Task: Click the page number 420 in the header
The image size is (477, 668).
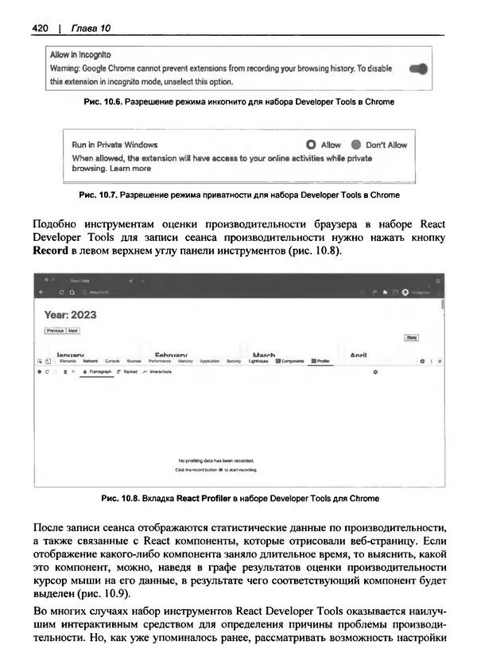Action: [x=41, y=29]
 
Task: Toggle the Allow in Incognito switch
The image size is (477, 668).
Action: [x=418, y=69]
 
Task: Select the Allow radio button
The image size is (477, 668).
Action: [x=311, y=145]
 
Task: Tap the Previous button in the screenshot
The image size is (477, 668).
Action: [x=55, y=330]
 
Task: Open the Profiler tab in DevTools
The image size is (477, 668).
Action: [x=321, y=361]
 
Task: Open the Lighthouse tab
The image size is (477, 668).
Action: [x=258, y=361]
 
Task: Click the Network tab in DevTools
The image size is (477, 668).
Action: [x=91, y=361]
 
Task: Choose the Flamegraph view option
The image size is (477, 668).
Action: [x=97, y=371]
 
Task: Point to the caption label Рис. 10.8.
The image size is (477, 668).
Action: [x=121, y=499]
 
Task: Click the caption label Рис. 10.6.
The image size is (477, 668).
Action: [x=99, y=103]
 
